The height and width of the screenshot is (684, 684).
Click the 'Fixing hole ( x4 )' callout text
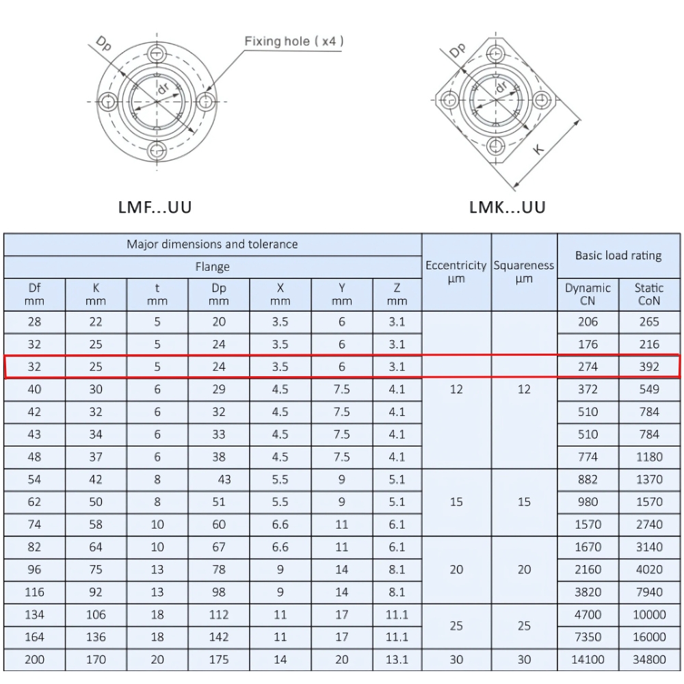click(294, 42)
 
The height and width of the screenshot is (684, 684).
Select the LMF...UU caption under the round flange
click(155, 207)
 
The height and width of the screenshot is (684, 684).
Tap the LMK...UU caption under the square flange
click(508, 207)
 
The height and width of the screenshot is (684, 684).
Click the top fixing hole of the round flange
click(157, 54)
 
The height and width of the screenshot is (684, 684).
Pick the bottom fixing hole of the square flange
click(495, 144)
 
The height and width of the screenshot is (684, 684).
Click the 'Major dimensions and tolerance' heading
click(212, 244)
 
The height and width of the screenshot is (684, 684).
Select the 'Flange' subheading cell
click(212, 267)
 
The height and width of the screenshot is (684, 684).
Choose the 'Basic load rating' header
click(618, 256)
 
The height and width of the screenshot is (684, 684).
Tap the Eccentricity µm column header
click(456, 272)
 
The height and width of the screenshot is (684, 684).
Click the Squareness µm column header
click(524, 272)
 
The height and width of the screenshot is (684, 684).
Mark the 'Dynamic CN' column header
click(588, 294)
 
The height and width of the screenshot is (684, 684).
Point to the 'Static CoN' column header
click(649, 294)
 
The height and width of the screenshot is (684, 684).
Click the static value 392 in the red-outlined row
click(649, 367)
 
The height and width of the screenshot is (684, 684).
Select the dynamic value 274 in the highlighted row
click(588, 367)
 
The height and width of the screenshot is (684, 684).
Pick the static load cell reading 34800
click(649, 659)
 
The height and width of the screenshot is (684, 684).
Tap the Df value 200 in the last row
click(34, 659)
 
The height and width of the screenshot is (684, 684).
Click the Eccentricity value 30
click(456, 659)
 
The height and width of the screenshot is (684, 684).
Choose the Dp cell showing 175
click(219, 659)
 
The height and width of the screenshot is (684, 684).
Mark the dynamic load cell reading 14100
click(588, 659)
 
